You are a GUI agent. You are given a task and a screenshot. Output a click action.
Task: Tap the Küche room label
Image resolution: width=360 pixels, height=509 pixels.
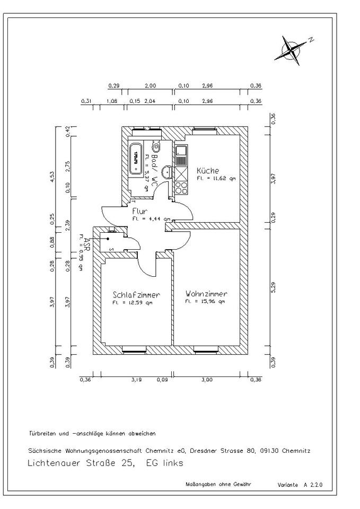coord(208,171)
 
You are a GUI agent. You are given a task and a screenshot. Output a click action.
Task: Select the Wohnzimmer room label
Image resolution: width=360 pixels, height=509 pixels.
coord(206,294)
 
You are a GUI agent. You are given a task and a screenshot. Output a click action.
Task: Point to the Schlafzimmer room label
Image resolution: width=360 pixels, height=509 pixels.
coord(136,295)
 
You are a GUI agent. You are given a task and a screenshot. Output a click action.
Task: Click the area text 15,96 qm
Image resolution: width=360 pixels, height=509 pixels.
coord(205,302)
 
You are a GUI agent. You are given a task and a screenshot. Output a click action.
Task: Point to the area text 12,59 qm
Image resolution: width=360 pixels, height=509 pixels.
coord(133,303)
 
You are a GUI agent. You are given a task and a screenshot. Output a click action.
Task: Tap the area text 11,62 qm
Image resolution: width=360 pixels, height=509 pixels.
coord(216,179)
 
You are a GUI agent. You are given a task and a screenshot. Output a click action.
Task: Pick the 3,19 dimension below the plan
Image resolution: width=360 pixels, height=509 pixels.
coord(137,380)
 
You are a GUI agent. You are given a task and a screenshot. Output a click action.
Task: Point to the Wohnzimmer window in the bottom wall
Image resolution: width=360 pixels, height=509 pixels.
coord(207,349)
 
